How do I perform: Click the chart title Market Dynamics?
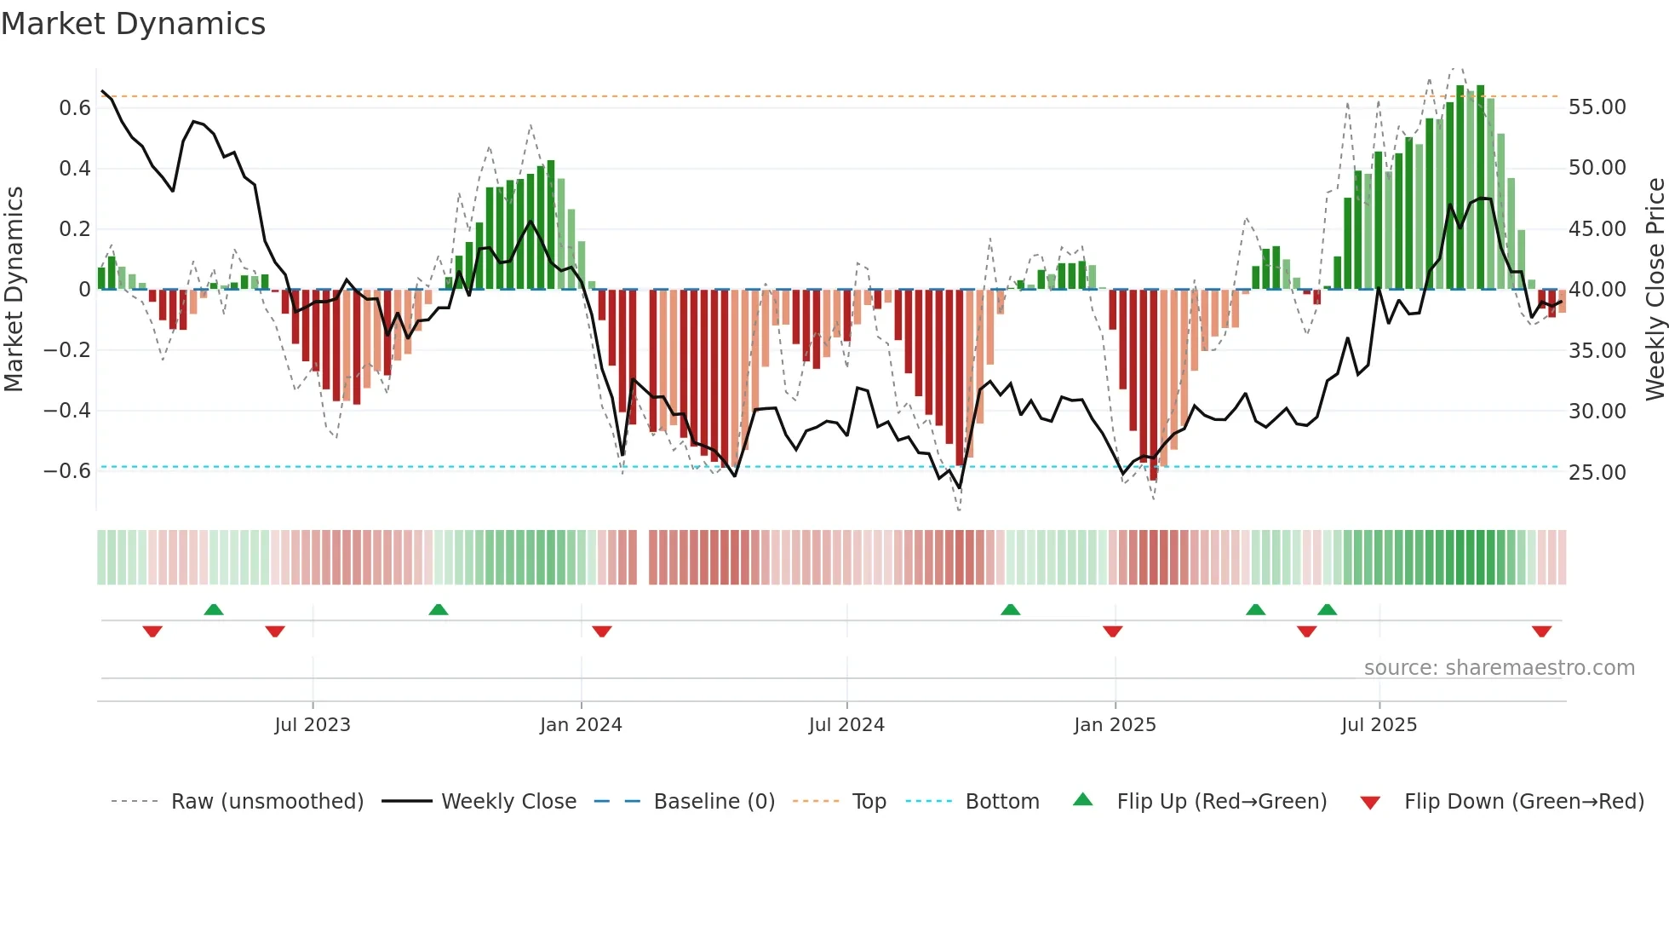133,24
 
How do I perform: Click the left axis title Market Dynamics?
14,290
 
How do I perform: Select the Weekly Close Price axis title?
1655,290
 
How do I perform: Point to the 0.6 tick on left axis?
75,108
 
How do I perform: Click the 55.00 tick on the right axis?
1597,107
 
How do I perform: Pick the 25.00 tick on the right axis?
1597,472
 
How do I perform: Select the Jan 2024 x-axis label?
581,725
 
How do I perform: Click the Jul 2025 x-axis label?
1379,725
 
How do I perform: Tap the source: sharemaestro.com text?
1499,668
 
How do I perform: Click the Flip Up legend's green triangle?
1082,799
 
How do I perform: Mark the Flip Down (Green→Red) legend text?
1523,802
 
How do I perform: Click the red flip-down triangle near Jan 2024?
602,631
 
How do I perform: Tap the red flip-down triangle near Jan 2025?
1112,631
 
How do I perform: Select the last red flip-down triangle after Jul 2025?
1541,631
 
